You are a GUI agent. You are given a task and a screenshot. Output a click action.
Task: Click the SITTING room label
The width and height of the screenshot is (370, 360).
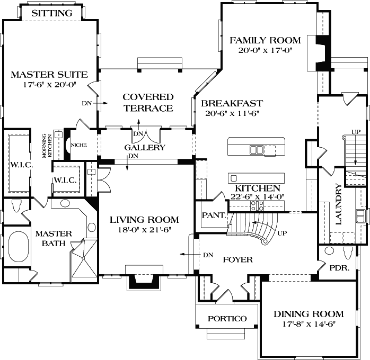pyautogui.click(x=52, y=13)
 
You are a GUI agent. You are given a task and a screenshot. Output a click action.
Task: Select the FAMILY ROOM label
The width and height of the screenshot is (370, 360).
pyautogui.click(x=265, y=40)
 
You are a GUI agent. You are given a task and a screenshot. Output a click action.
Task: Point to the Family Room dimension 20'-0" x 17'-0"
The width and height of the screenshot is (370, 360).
pyautogui.click(x=265, y=50)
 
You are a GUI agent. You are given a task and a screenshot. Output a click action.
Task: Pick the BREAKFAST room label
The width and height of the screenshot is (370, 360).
pyautogui.click(x=232, y=103)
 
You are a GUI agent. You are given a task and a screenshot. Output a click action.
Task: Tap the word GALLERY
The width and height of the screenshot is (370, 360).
pyautogui.click(x=145, y=148)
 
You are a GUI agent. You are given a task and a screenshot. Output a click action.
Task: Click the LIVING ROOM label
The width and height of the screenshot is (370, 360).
pyautogui.click(x=144, y=220)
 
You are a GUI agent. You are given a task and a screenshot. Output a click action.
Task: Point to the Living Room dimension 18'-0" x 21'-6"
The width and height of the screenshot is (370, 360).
pyautogui.click(x=144, y=230)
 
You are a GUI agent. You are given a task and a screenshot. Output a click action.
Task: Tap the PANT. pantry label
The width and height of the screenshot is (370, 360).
pyautogui.click(x=215, y=216)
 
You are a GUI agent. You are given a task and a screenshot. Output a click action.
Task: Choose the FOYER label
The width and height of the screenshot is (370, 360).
pyautogui.click(x=237, y=260)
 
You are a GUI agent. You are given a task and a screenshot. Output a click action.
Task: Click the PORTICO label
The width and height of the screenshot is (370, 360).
pyautogui.click(x=227, y=318)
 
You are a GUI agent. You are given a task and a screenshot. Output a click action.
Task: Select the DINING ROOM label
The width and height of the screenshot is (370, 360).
pyautogui.click(x=309, y=314)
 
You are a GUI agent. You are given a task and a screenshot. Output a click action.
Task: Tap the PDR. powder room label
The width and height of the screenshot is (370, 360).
pyautogui.click(x=339, y=268)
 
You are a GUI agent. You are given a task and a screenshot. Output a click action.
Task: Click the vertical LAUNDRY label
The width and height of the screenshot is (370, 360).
pyautogui.click(x=338, y=204)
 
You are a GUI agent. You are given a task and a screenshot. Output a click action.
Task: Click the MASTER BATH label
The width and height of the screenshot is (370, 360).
pyautogui.click(x=50, y=238)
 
